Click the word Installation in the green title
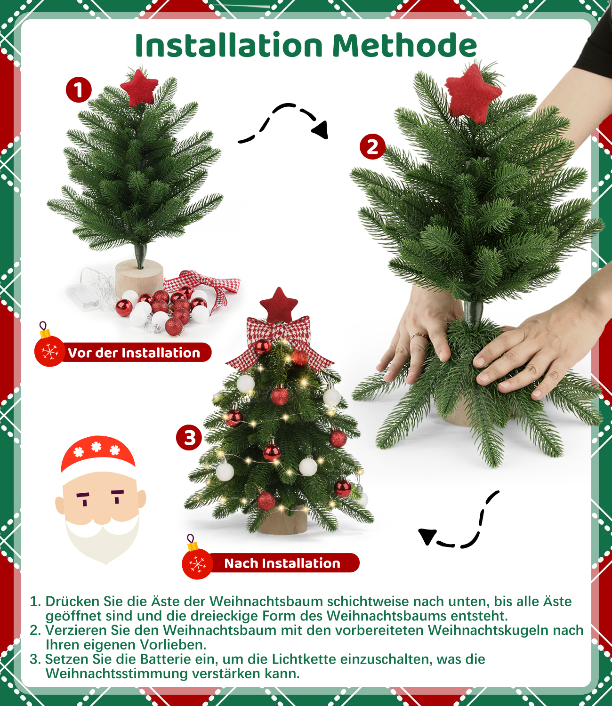coord(229,45)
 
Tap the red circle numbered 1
coord(79,90)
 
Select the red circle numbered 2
coord(372,146)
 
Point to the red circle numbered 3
coord(189,438)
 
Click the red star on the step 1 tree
coord(139,88)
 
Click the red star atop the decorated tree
coord(279,305)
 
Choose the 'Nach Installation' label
coord(282,563)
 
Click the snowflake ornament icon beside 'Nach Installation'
coord(197,563)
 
